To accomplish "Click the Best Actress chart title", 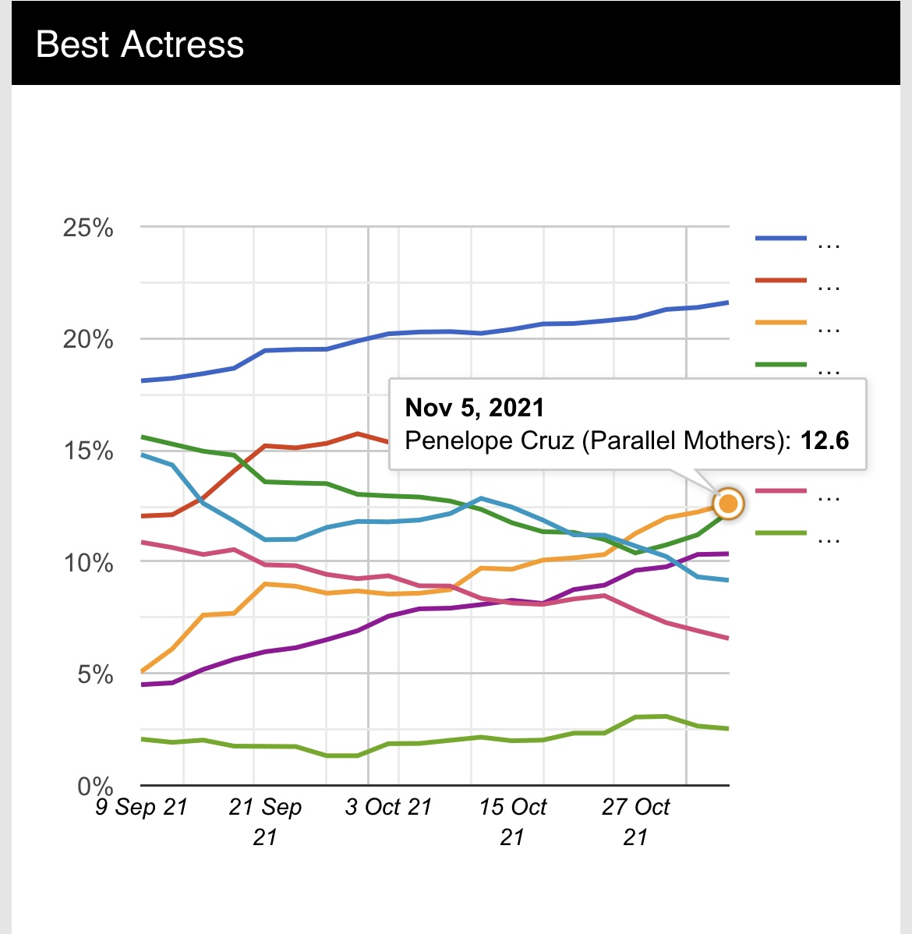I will pos(140,44).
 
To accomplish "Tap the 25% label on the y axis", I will pos(88,228).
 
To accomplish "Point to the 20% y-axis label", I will pos(88,340).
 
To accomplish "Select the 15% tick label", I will pos(88,451).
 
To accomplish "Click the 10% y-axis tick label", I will pos(88,563).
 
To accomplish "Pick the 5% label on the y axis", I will pos(95,674).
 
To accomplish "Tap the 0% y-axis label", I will pos(95,786).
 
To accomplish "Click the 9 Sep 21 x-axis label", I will pos(142,807).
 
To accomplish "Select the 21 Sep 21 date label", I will pos(265,821).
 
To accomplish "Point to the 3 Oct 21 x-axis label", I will pos(388,807).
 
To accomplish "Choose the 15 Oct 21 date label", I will pos(512,821).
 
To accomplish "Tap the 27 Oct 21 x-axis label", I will pos(635,821).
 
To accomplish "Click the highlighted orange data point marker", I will pos(728,504).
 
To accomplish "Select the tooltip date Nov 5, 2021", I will pos(474,408).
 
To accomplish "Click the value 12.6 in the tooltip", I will pos(825,440).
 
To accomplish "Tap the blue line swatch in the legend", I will pos(780,238).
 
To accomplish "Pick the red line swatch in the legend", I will pos(780,280).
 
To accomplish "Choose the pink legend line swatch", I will pos(780,491).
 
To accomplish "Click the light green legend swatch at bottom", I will pos(780,533).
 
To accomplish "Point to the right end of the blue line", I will pos(726,302).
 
